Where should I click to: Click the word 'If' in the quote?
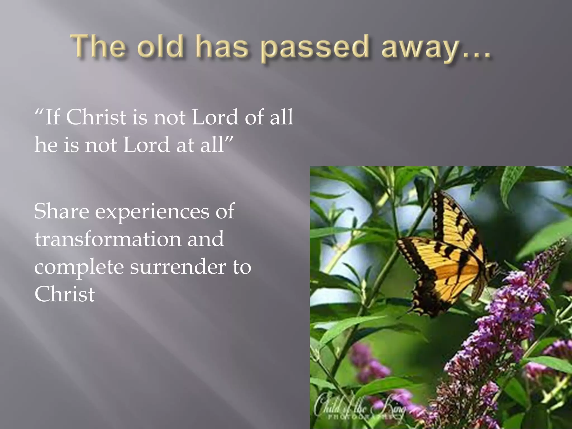[x=52, y=117]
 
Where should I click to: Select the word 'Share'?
[x=61, y=211]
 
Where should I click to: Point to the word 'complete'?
[x=79, y=268]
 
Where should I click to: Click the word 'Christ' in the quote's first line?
[x=96, y=117]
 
